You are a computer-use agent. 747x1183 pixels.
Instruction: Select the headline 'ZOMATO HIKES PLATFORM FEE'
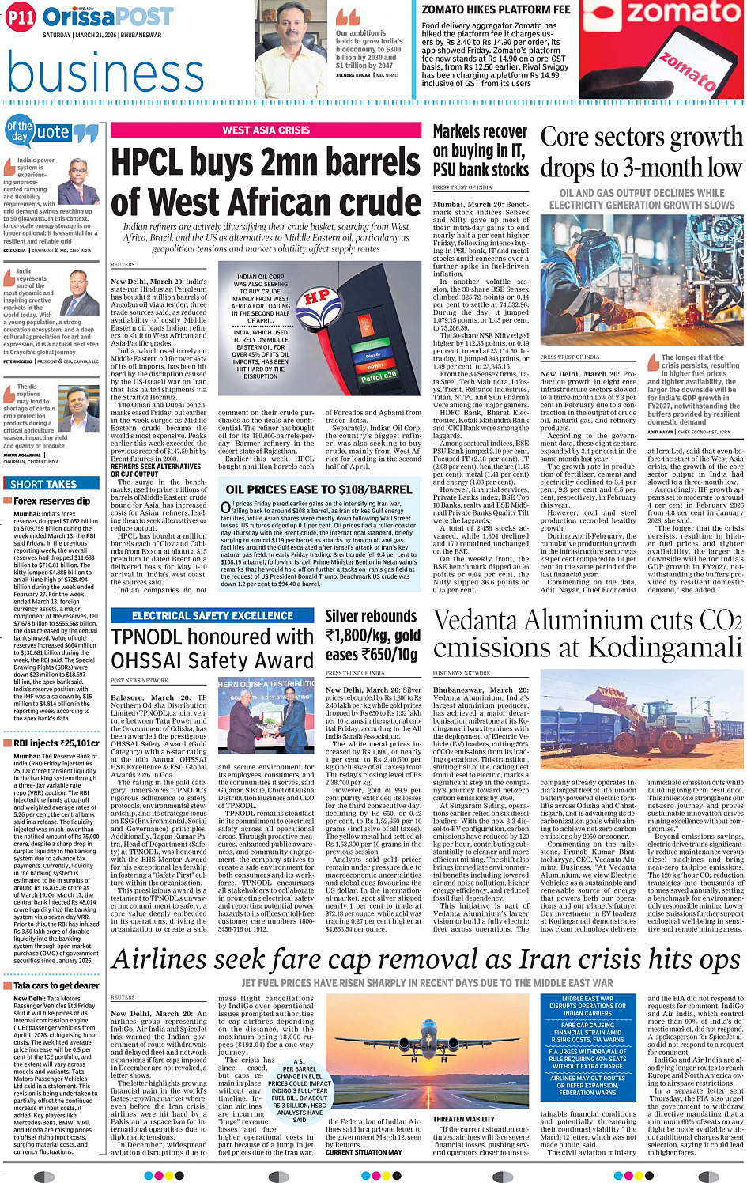pyautogui.click(x=496, y=9)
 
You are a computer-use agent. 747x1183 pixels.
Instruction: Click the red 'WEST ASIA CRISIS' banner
pyautogui.click(x=266, y=130)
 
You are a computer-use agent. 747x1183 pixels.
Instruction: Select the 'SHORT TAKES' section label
pyautogui.click(x=43, y=484)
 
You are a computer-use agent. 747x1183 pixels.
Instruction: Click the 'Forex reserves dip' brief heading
pyautogui.click(x=51, y=501)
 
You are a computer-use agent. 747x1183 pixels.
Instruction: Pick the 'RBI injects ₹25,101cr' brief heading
pyautogui.click(x=56, y=743)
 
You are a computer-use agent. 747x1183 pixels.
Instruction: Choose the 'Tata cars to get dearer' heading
pyautogui.click(x=56, y=985)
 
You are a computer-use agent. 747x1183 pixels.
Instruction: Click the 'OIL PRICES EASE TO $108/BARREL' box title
pyautogui.click(x=319, y=489)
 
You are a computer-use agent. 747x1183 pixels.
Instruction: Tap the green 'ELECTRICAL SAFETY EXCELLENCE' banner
pyautogui.click(x=213, y=615)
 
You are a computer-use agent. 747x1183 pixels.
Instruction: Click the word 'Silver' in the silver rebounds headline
pyautogui.click(x=348, y=616)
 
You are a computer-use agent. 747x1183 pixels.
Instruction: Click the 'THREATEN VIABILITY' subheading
pyautogui.click(x=463, y=1119)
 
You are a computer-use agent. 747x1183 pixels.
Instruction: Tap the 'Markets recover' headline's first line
pyautogui.click(x=480, y=131)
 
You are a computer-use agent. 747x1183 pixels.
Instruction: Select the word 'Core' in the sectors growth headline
pyautogui.click(x=564, y=137)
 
